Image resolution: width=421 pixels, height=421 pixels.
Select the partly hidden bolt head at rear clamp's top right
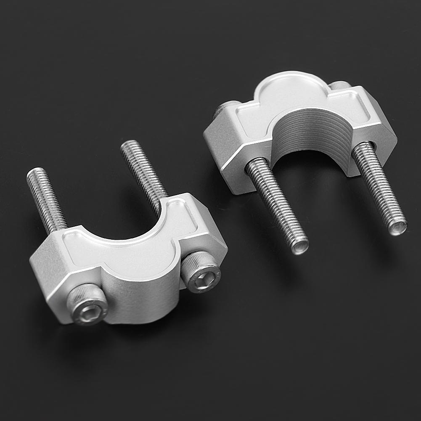[x=340, y=86]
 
